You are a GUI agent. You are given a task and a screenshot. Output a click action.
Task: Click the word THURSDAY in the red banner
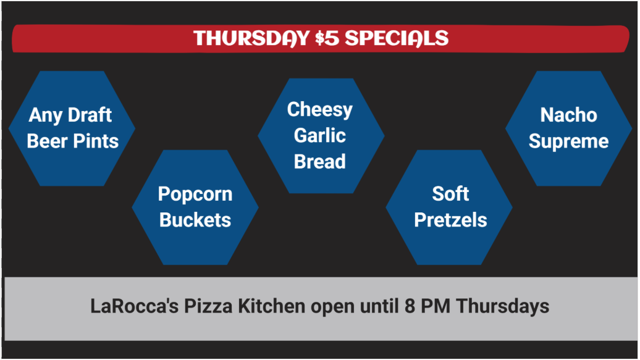tap(251, 38)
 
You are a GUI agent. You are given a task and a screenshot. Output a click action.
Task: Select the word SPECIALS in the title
tap(397, 38)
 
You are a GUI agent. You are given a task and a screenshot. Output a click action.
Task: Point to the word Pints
tap(96, 141)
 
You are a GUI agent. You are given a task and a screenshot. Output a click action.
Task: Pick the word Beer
tap(48, 141)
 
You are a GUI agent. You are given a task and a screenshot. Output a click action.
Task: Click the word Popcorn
tap(195, 195)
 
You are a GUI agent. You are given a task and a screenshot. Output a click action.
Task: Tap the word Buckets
tap(195, 220)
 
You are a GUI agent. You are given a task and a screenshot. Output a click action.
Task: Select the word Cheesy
tap(319, 110)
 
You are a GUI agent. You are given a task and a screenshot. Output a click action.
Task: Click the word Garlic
tap(319, 135)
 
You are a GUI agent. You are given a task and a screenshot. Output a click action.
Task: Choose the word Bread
tap(319, 162)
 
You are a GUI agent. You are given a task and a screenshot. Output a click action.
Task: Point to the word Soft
tap(450, 194)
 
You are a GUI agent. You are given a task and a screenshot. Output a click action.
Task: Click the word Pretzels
tap(450, 220)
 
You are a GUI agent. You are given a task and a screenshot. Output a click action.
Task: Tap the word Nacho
tap(568, 115)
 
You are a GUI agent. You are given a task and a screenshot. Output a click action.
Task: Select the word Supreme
tap(568, 142)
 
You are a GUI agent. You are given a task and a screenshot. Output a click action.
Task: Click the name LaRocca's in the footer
tap(134, 306)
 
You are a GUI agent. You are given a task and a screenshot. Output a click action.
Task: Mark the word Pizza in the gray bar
tap(208, 306)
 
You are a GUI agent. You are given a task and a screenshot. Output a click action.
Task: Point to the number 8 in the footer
tap(410, 306)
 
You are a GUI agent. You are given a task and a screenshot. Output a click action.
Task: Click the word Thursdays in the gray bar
tap(502, 307)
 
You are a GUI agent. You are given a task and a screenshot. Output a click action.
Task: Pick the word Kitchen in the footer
tap(271, 306)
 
